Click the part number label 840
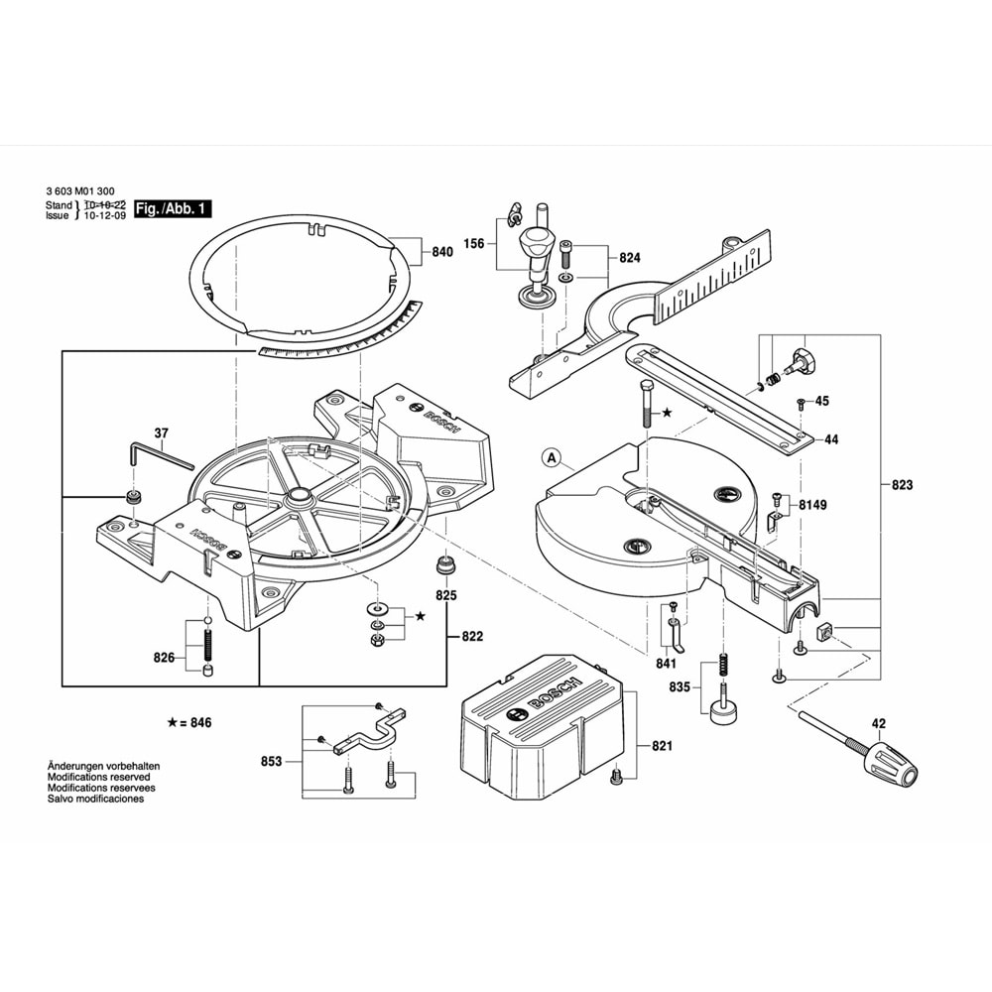click(x=442, y=252)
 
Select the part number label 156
click(x=474, y=243)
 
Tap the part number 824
click(x=630, y=258)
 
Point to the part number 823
click(x=901, y=485)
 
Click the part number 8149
click(x=812, y=505)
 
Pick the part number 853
click(x=271, y=761)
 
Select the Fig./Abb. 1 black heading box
click(x=173, y=209)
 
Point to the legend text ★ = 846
click(x=189, y=722)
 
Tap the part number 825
click(x=446, y=596)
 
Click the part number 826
click(x=164, y=658)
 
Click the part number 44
click(x=831, y=438)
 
